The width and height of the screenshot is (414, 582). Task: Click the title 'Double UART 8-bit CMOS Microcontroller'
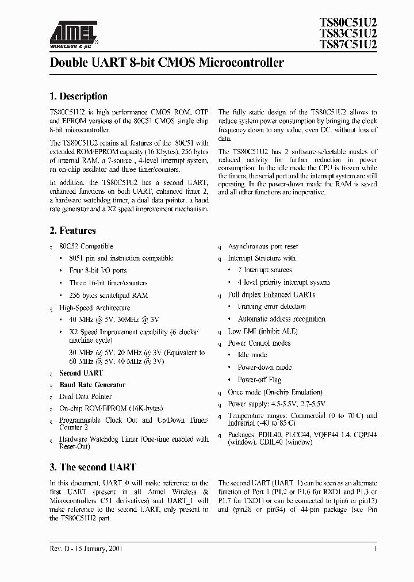[167, 63]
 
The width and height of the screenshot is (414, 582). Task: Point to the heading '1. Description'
[79, 97]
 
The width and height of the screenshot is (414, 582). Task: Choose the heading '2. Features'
[73, 231]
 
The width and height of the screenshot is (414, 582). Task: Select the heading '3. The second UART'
[93, 467]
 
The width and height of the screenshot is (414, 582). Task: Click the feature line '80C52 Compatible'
[86, 246]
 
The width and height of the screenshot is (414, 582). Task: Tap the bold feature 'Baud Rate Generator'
[92, 385]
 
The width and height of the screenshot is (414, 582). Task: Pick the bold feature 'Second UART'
[81, 373]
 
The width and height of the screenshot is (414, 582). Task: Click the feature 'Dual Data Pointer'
[86, 397]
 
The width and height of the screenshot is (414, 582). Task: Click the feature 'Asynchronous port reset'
[263, 246]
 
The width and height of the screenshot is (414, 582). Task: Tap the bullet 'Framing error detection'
[272, 307]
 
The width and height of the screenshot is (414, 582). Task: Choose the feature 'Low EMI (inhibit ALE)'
[259, 331]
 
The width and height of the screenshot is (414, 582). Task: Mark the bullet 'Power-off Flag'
[259, 380]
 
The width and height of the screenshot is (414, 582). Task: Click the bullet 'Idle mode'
[252, 355]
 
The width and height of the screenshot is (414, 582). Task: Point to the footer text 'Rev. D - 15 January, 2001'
[86, 549]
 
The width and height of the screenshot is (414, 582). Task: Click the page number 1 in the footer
[375, 549]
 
